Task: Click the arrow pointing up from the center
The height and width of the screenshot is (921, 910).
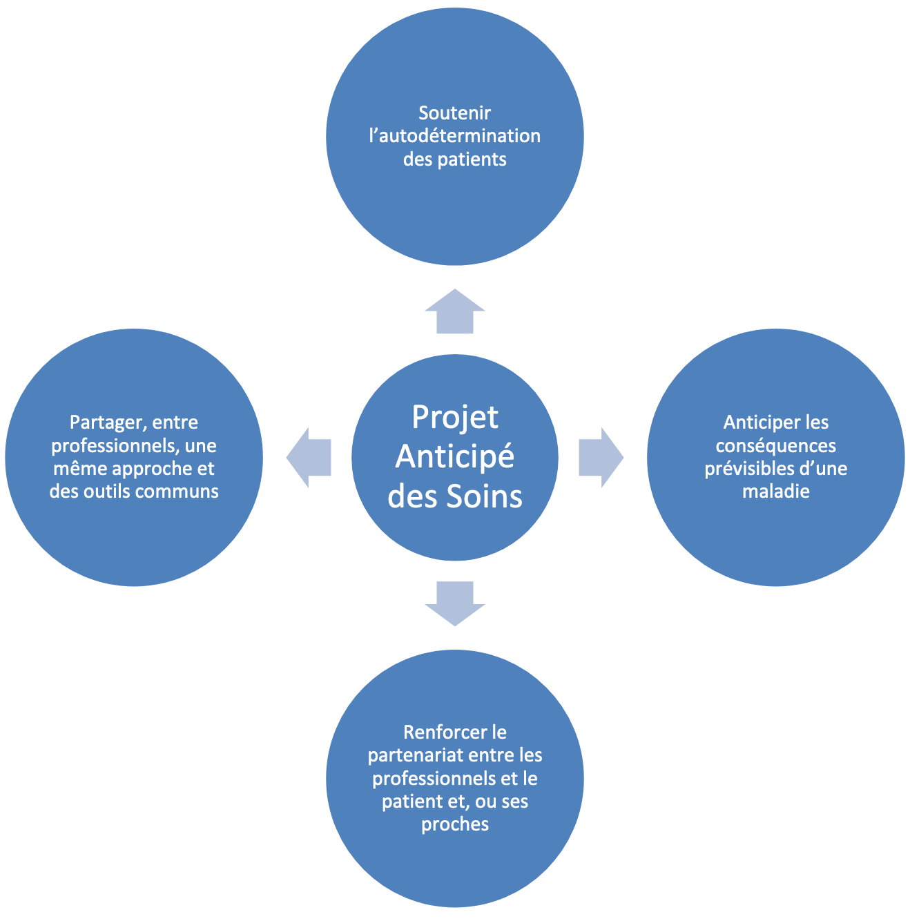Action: pos(455,312)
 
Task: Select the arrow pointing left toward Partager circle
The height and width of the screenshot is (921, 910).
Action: pos(310,457)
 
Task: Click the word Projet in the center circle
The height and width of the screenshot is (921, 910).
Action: pos(455,417)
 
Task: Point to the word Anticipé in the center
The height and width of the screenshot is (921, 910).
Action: pos(455,457)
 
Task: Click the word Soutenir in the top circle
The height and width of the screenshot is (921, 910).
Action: pos(455,113)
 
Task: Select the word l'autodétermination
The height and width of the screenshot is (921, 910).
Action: pos(455,135)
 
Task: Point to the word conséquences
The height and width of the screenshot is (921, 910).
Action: pos(775,445)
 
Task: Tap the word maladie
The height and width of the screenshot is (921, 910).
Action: pos(775,492)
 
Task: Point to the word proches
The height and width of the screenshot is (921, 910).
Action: pos(455,824)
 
